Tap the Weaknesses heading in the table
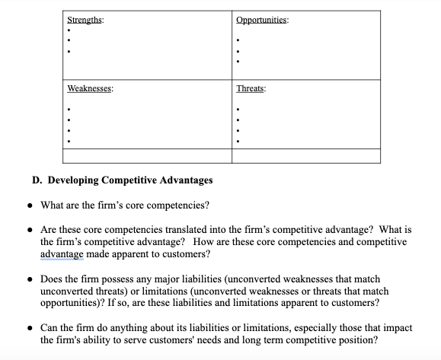coord(91,89)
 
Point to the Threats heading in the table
coord(251,89)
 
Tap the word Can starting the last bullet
coord(50,328)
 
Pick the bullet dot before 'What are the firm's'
coord(30,205)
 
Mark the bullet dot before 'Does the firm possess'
coord(30,279)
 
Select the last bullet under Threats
coord(239,142)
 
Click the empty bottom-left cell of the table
coord(147,156)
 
